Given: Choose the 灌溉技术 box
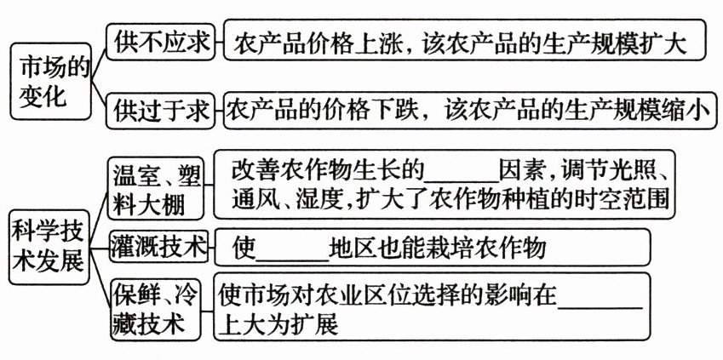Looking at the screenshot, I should (159, 248).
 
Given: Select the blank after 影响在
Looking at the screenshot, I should (600, 296).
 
